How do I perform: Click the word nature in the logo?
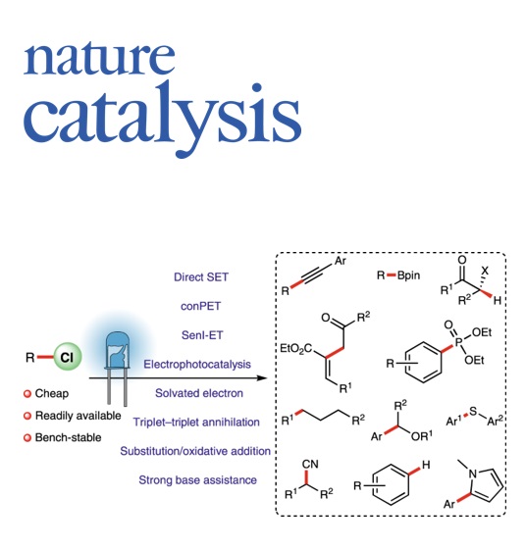(99, 58)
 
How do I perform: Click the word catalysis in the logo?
(162, 118)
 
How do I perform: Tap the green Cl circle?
(68, 357)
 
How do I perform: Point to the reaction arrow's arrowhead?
(262, 377)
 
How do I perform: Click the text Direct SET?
(201, 276)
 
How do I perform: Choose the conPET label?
(200, 306)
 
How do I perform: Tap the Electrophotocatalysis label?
(197, 364)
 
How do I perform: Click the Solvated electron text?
(199, 393)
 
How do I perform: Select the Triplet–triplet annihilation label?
(196, 422)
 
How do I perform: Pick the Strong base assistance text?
(197, 479)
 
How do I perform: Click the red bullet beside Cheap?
(27, 394)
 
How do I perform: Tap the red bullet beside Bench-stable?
(27, 438)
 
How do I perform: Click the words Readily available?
(79, 416)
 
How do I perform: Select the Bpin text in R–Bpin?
(408, 275)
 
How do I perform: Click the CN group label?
(310, 465)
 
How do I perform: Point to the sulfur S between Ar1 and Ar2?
(473, 411)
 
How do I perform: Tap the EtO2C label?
(296, 348)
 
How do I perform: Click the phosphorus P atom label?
(458, 341)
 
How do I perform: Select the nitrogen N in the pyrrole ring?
(473, 474)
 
